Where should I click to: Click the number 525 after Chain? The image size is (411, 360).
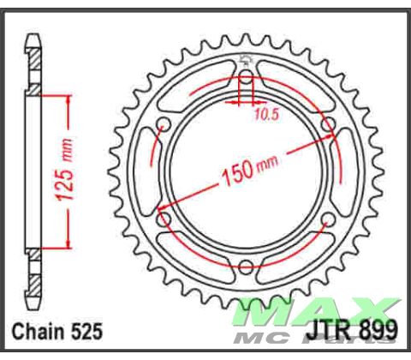87,332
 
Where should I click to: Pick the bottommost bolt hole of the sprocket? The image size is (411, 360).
247,267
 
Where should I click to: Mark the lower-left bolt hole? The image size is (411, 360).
165,221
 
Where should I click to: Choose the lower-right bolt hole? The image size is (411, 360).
328,221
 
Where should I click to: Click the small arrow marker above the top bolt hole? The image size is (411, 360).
247,60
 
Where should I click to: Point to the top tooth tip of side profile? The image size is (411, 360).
34,38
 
